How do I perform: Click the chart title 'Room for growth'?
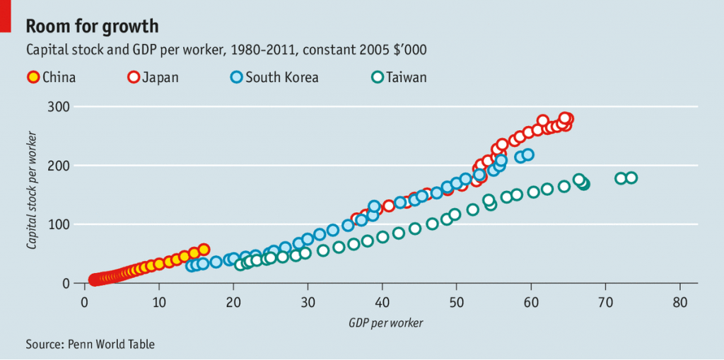coord(92,26)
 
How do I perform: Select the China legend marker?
coord(33,77)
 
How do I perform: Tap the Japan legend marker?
coord(133,77)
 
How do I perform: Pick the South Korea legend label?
coord(281,77)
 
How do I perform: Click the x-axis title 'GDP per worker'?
coord(385,323)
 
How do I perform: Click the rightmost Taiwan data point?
coord(631,178)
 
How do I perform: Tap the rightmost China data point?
coord(204,249)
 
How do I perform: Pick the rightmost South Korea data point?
coord(527,154)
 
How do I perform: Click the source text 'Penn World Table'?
coord(111,344)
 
